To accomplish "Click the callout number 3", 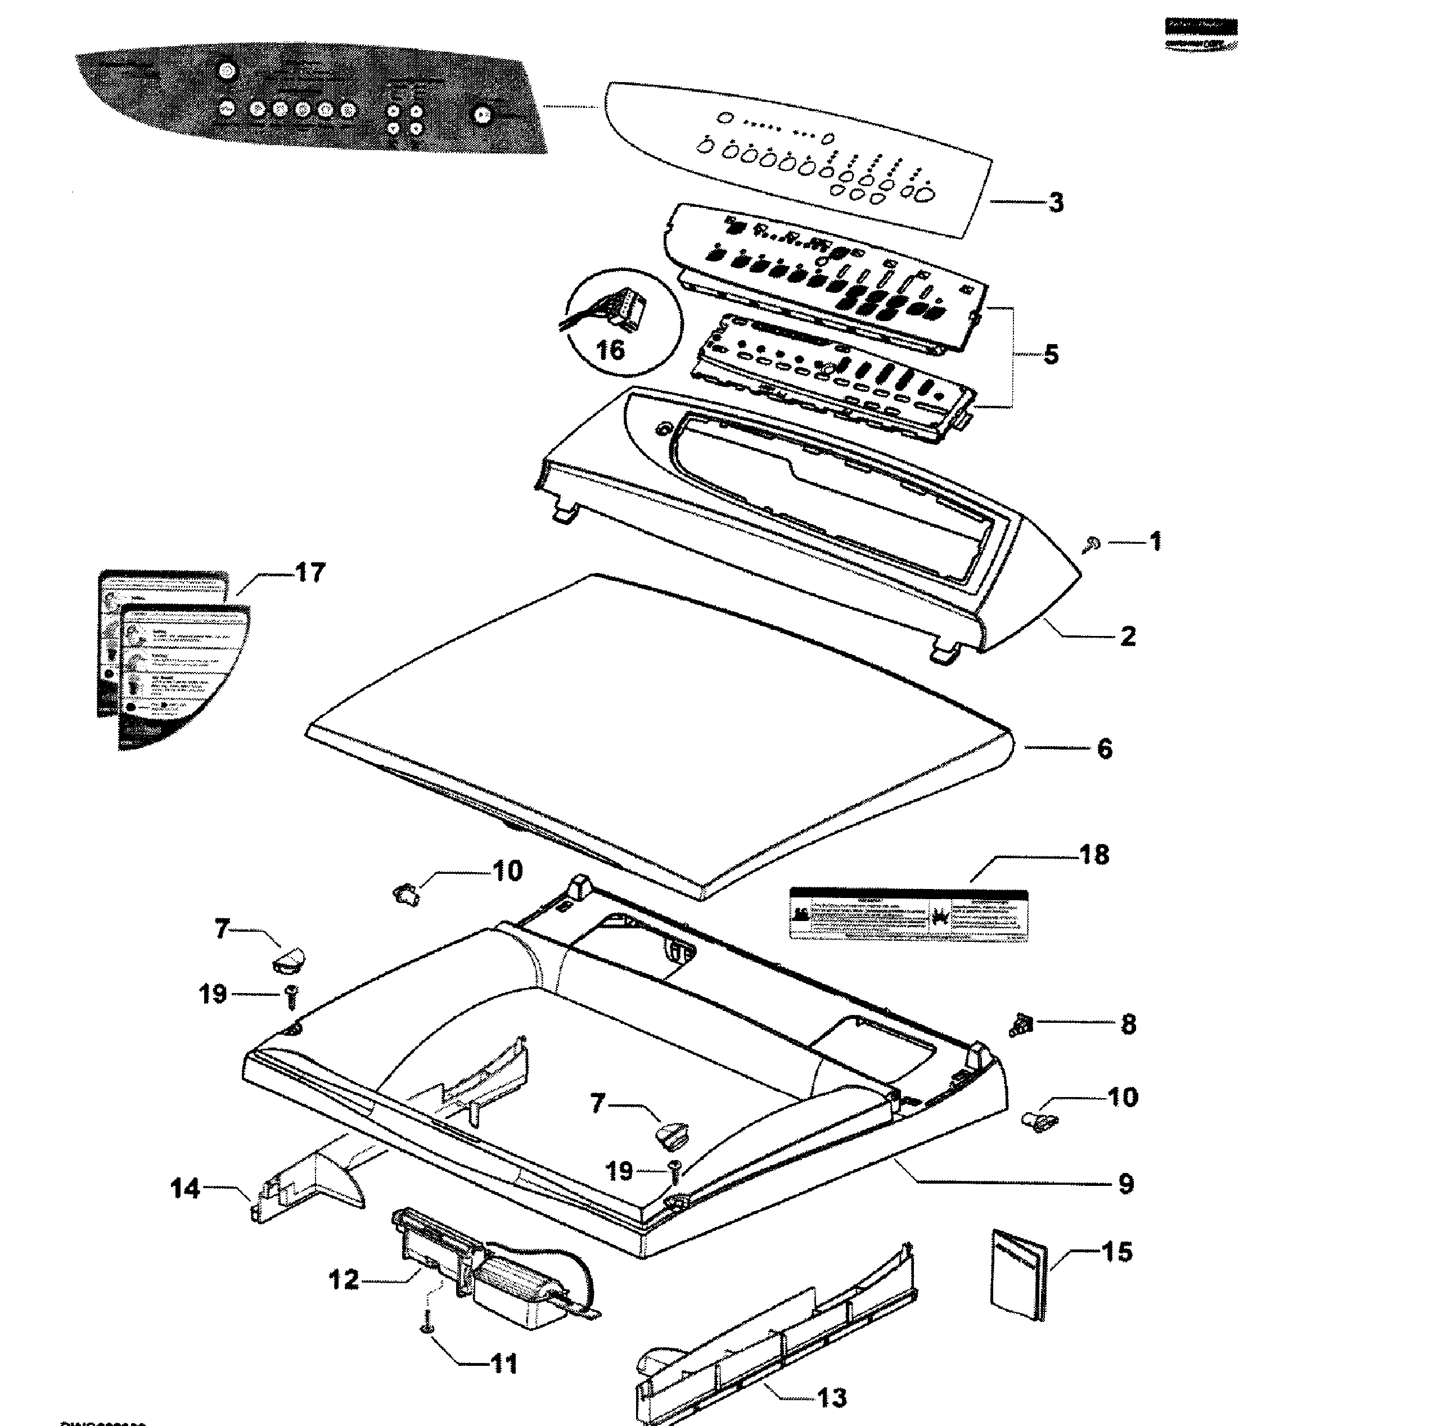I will coord(1056,202).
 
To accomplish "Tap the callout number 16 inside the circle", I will coord(611,349).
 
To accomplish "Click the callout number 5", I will coord(1051,354).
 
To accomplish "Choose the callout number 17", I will coord(310,573).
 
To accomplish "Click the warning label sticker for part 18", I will coord(908,914).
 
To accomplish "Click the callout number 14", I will coord(185,1188).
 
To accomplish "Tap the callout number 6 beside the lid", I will coord(1105,748).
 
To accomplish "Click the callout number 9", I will coord(1125,1184).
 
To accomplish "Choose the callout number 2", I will coord(1128,637).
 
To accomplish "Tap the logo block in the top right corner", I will coord(1200,34).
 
